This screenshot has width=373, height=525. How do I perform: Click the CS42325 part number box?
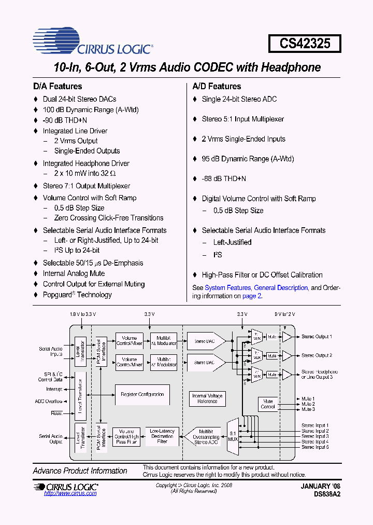click(305, 43)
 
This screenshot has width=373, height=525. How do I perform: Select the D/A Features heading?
click(58, 86)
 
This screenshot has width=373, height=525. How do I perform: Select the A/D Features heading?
click(217, 86)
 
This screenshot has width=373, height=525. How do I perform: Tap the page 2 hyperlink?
click(252, 296)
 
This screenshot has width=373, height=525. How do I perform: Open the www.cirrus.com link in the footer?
click(70, 493)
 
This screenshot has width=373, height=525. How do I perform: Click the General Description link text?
click(281, 287)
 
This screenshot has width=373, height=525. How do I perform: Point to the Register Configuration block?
click(142, 394)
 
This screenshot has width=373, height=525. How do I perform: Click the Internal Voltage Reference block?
click(207, 398)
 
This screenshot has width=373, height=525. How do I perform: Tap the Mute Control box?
click(268, 404)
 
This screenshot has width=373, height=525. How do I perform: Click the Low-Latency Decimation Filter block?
click(162, 436)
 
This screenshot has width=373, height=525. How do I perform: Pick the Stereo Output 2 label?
click(317, 355)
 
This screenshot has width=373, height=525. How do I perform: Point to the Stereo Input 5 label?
click(315, 447)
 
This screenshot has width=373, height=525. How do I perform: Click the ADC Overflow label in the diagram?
click(49, 401)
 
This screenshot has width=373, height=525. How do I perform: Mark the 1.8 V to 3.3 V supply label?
click(83, 314)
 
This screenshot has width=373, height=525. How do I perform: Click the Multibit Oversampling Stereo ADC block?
click(206, 436)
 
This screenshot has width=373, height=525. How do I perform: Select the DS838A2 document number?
click(327, 494)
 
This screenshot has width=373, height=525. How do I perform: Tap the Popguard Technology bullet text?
click(77, 295)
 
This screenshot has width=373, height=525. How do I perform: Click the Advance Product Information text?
click(80, 471)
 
